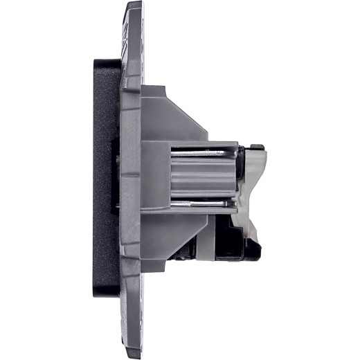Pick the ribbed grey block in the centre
point(201,177)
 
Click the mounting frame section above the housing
point(132,48)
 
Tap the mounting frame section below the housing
point(132,305)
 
